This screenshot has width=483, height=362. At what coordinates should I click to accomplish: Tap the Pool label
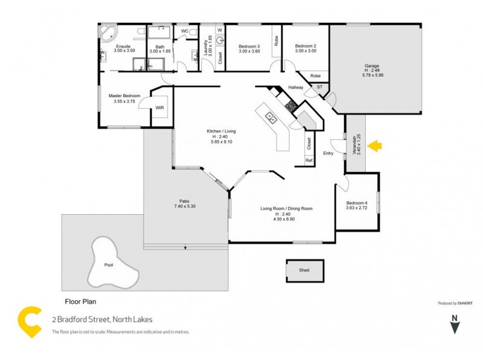109,265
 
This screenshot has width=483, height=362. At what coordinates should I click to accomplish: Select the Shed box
304,270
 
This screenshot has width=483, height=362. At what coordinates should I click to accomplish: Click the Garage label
371,66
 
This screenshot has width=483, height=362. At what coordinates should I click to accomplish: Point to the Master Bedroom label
124,96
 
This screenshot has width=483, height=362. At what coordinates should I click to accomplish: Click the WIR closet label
160,108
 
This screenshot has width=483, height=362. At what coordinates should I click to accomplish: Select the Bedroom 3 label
249,46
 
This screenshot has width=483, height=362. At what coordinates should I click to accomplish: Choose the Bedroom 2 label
305,46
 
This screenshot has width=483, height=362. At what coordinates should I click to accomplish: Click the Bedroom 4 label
356,203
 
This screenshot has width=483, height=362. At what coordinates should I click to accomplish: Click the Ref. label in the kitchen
309,160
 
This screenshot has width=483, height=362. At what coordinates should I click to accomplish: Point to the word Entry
328,153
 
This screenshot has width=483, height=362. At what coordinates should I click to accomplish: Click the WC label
185,30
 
